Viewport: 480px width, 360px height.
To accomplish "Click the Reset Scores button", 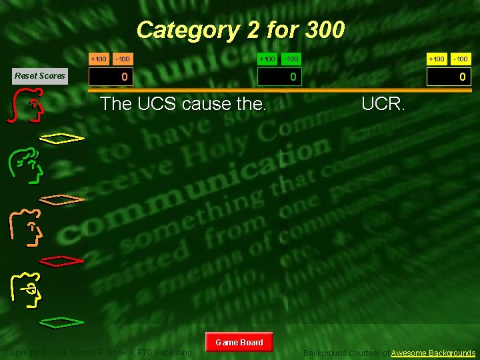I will (40, 75).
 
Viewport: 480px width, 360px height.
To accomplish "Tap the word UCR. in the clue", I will (382, 104).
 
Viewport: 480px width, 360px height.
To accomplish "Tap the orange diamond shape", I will (61, 199).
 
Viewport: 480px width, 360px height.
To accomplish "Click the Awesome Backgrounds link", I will (433, 353).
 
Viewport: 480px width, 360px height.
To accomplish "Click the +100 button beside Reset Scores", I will (99, 59).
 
